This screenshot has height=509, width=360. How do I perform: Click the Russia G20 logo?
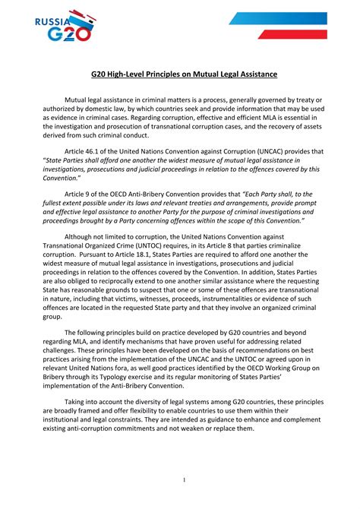click(65, 25)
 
